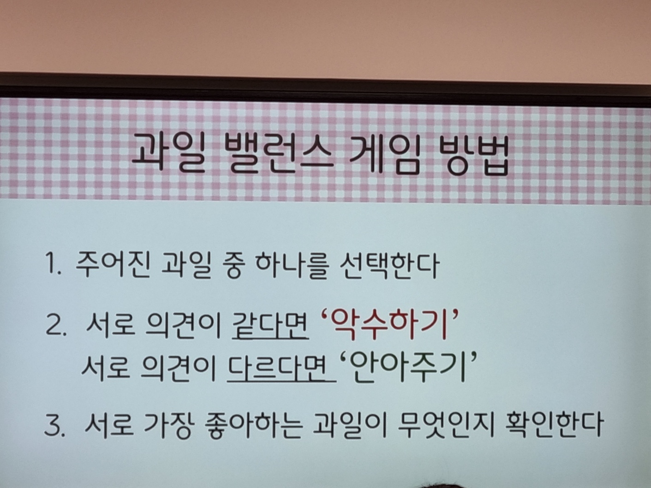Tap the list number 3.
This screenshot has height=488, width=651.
coord(55,425)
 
